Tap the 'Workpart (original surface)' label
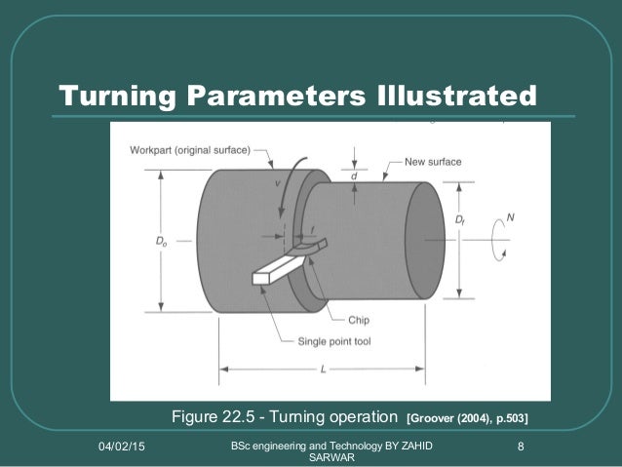(190, 149)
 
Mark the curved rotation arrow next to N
(500, 237)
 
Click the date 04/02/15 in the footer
(124, 447)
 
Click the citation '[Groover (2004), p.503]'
(467, 419)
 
